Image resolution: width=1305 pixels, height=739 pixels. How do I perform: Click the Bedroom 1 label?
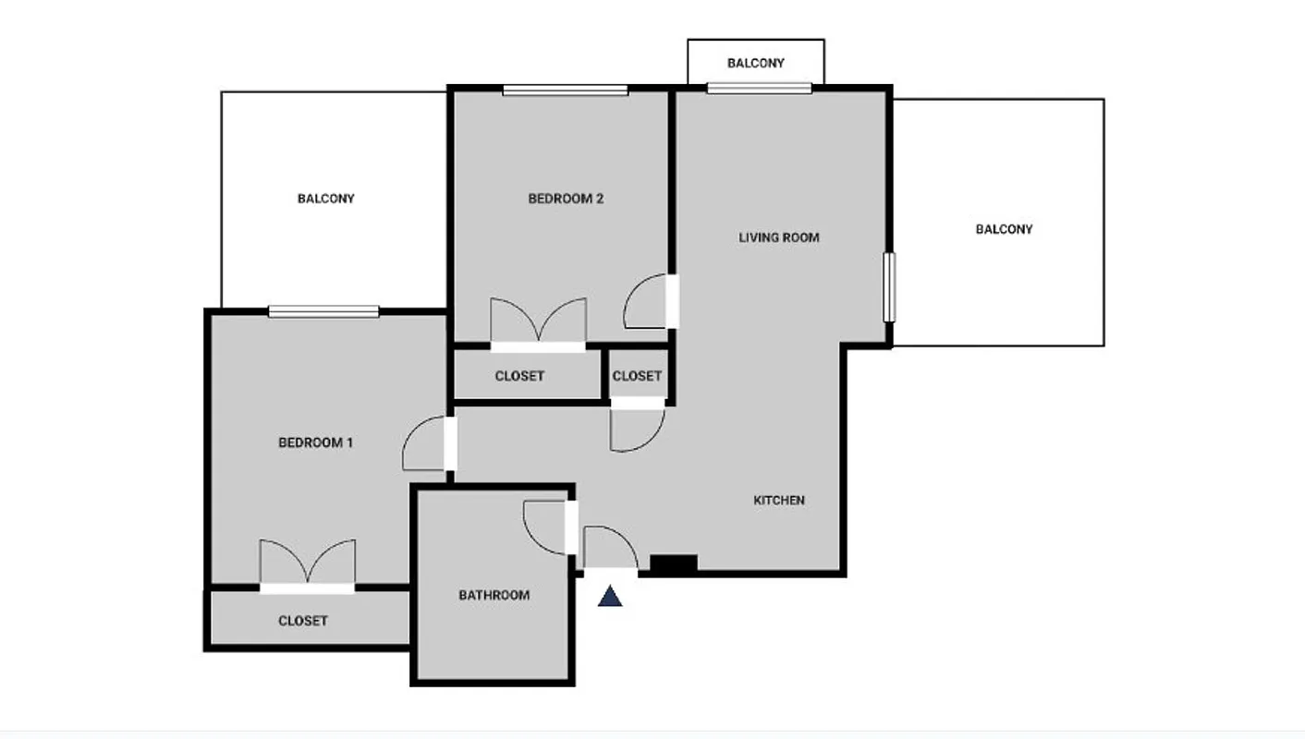tap(315, 442)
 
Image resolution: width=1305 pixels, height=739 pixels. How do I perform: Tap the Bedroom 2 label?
tap(566, 199)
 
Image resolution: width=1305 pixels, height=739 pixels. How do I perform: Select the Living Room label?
tap(778, 237)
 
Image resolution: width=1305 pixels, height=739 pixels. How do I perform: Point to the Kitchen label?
tap(779, 501)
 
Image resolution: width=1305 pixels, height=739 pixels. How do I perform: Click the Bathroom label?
tap(494, 596)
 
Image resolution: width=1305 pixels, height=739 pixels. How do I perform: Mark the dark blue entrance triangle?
tap(610, 598)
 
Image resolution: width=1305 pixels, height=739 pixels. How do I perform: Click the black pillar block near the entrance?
tap(674, 563)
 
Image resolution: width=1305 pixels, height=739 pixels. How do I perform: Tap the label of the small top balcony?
tap(755, 63)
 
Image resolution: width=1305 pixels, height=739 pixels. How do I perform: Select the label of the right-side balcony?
tap(1004, 229)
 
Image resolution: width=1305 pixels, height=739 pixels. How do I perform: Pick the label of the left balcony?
tap(325, 199)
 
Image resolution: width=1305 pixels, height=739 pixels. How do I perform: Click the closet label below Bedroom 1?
tap(303, 621)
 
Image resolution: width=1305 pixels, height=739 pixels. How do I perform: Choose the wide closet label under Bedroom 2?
tap(519, 376)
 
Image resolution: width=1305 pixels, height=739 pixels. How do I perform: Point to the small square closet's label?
tap(637, 376)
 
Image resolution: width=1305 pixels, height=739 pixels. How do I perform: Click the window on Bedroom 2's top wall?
tap(566, 91)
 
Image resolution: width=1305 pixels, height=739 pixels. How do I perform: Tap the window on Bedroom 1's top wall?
tap(323, 312)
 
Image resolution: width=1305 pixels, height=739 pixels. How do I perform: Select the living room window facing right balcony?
tap(888, 287)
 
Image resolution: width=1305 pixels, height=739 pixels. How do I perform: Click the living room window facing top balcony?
tap(759, 89)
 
